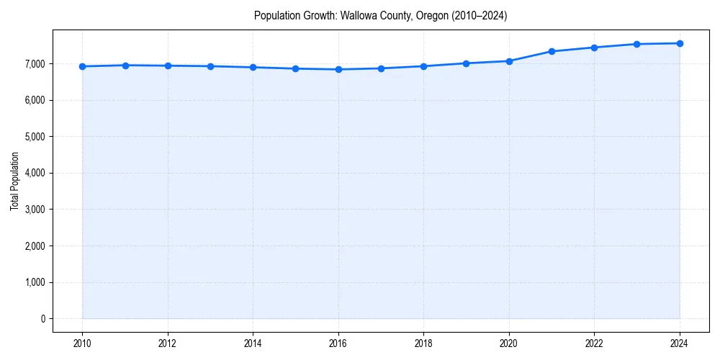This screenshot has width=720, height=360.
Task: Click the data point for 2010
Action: point(82,66)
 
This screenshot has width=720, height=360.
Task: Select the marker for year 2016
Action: point(338,69)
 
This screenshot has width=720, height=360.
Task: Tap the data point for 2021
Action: point(552,51)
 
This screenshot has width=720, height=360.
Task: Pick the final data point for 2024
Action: point(680,43)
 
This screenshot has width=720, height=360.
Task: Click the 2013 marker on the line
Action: point(210,66)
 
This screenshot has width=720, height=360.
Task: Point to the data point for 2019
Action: point(467,63)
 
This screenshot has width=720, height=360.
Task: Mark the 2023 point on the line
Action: point(637,44)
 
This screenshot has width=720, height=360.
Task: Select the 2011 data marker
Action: point(125,66)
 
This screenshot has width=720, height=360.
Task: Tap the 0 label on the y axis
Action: point(42,319)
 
